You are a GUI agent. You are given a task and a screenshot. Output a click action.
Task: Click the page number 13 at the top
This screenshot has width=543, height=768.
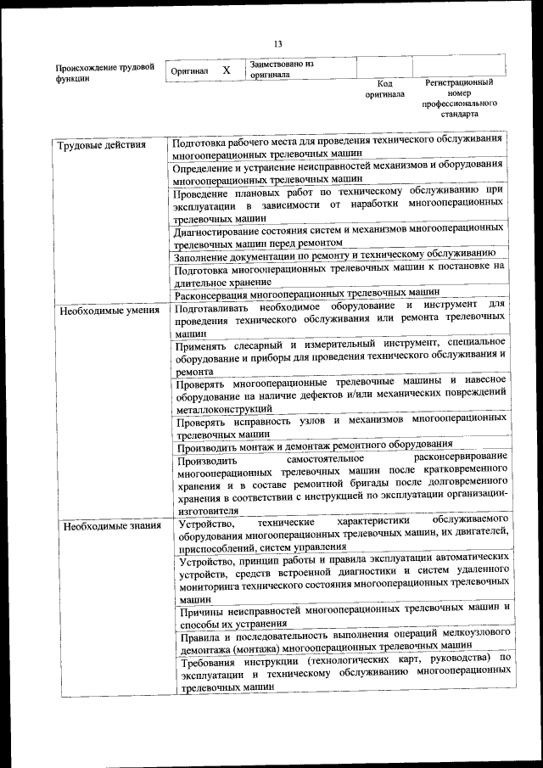coord(277,44)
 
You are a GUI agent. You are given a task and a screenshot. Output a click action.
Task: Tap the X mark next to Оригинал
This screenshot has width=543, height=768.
coord(227,70)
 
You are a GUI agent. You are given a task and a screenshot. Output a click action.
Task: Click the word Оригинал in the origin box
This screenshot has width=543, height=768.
coord(189,71)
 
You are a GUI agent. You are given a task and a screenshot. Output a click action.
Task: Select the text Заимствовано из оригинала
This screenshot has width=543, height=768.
coord(282,69)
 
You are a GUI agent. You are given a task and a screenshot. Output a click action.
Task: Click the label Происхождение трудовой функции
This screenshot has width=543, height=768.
coord(104,71)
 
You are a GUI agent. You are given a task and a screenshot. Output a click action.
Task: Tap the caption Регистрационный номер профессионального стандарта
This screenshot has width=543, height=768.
coord(459,98)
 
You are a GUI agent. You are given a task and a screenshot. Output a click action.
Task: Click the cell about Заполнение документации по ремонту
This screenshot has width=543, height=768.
coord(329,254)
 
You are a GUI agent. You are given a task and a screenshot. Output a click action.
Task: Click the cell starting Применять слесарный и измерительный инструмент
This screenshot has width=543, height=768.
coord(342,356)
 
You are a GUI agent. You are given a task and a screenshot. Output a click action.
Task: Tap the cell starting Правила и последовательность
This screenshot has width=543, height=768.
coord(344,641)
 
